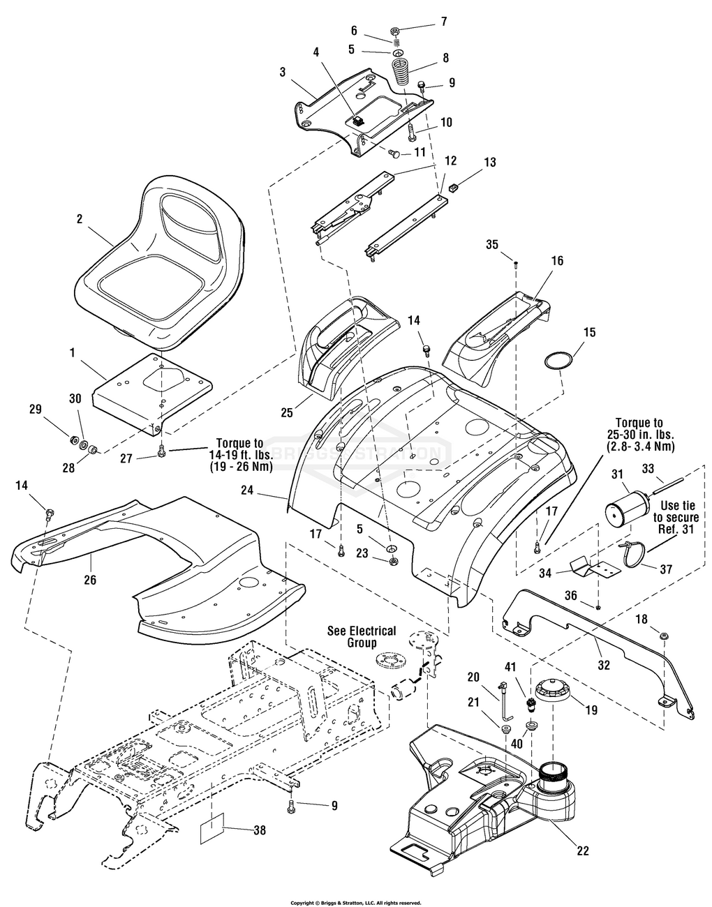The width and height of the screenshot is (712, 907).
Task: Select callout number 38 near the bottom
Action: click(260, 830)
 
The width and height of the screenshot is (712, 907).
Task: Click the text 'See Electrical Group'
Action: click(362, 636)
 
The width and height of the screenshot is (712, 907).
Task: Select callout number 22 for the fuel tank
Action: click(584, 850)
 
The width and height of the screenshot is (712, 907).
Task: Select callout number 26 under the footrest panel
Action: click(90, 579)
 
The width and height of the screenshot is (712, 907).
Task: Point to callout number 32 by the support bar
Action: click(605, 664)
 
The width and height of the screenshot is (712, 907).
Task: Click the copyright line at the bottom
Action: click(355, 902)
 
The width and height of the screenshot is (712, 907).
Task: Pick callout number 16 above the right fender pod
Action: click(556, 260)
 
